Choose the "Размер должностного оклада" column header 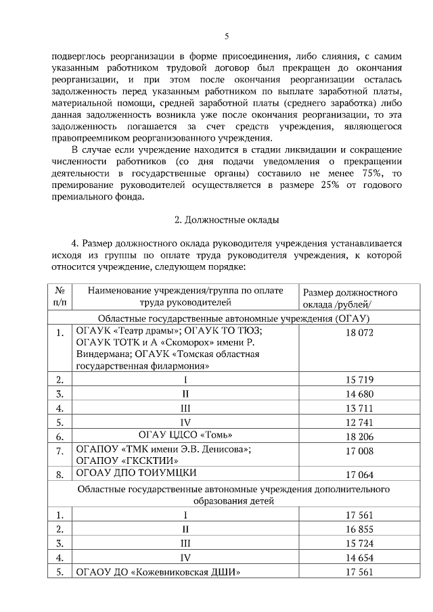349,298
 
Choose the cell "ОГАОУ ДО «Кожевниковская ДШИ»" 159,573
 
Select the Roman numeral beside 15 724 185,544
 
